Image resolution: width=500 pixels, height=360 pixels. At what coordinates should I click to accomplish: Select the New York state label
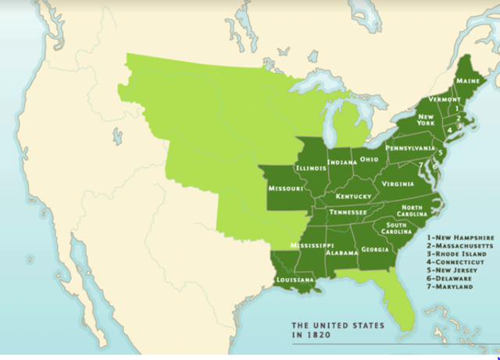[x=426, y=119]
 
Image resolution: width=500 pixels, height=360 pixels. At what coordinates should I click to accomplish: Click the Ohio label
[x=370, y=159]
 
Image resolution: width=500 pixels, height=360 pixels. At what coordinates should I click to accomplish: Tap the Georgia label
[x=375, y=250]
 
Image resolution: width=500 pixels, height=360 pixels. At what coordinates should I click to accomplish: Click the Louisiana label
[x=295, y=280]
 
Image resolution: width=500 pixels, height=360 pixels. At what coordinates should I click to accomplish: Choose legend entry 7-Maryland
[x=450, y=287]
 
